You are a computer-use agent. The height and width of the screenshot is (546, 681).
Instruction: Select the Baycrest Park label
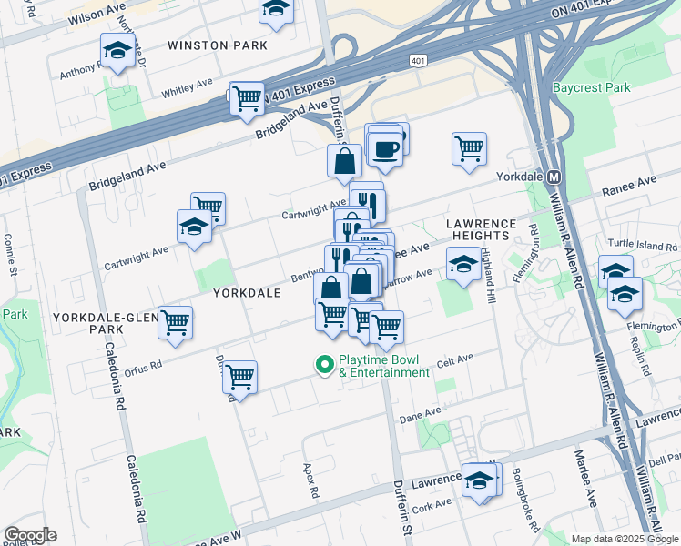(591, 88)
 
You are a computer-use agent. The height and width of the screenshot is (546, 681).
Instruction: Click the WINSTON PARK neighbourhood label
(218, 45)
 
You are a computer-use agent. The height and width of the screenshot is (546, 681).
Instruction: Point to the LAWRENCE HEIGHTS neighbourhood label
(482, 229)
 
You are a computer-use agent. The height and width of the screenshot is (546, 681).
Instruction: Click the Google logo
(30, 535)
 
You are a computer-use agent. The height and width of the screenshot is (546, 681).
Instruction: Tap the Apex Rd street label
(310, 479)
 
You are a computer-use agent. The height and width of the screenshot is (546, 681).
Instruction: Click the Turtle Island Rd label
(644, 247)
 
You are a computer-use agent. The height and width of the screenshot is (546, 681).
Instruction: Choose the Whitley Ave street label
(186, 92)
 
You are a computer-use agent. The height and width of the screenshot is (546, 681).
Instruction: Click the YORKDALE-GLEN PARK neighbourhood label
(100, 322)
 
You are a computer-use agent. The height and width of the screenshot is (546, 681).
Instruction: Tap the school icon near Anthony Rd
(116, 52)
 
